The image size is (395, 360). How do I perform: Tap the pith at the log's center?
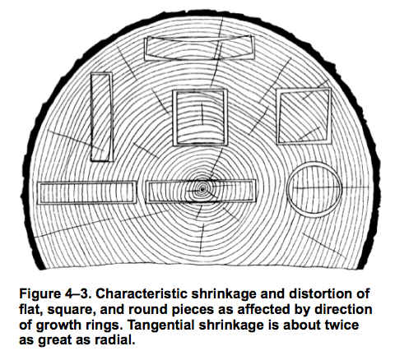[x=202, y=188]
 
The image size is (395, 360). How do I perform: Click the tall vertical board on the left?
[x=92, y=117]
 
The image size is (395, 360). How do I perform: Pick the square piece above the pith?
[x=174, y=117]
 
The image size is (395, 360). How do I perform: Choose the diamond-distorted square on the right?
[x=278, y=116]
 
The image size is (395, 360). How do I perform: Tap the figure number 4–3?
[x=77, y=293]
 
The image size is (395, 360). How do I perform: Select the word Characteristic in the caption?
[x=142, y=293]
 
